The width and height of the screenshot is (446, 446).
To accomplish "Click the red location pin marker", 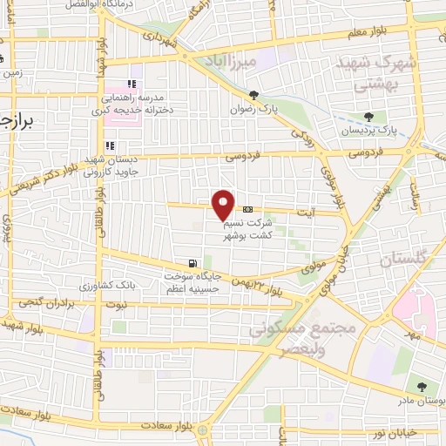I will [224, 204].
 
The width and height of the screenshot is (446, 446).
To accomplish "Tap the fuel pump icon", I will [191, 262].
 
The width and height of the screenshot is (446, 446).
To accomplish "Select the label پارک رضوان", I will [253, 111].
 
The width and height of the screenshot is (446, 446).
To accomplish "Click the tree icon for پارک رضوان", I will [253, 96].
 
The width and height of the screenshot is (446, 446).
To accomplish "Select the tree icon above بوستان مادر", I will [422, 387].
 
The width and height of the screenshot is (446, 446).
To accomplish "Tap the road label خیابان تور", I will [397, 433].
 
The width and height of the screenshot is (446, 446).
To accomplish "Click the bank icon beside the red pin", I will [249, 209].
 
